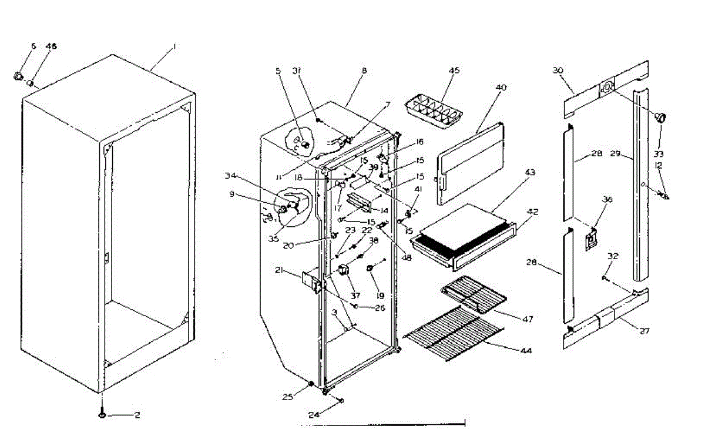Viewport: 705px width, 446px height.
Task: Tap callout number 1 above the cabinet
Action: [x=174, y=46]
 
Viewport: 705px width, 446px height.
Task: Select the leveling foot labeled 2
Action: [x=103, y=415]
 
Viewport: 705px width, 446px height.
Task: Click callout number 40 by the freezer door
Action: [x=501, y=88]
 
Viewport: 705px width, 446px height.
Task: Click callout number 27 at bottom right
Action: [x=644, y=331]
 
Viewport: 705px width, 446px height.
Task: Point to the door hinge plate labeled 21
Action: [x=312, y=282]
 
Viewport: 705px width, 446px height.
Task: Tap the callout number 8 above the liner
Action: [x=364, y=71]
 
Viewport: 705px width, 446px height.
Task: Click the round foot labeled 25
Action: [x=311, y=384]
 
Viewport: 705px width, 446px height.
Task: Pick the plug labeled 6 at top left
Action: [x=18, y=76]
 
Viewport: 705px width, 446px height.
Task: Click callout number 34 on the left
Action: [x=231, y=175]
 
